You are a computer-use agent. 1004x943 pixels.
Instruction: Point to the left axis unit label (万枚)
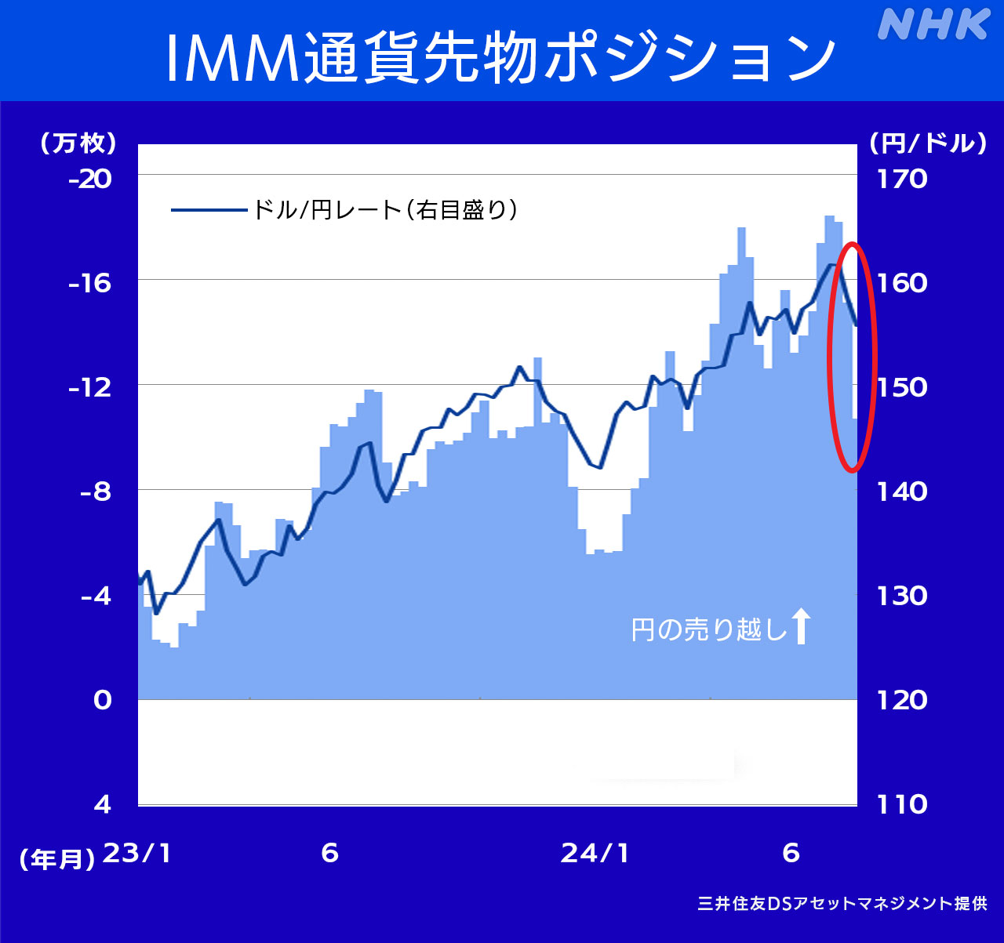click(x=78, y=143)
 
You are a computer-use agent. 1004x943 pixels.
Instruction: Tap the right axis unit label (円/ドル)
click(x=927, y=143)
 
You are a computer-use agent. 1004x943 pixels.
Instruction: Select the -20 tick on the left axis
click(x=90, y=180)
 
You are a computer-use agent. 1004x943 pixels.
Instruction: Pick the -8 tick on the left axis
click(x=90, y=491)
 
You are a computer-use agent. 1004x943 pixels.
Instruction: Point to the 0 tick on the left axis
click(x=103, y=699)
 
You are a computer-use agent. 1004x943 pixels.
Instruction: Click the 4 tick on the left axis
click(x=103, y=804)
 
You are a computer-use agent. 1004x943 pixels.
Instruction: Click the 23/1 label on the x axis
click(x=138, y=853)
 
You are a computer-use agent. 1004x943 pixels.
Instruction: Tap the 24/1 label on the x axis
click(x=595, y=853)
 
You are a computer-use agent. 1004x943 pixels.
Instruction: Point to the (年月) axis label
click(x=57, y=859)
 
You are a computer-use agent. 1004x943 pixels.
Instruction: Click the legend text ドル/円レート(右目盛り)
click(x=384, y=210)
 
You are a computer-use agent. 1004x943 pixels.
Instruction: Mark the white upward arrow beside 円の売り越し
click(x=800, y=626)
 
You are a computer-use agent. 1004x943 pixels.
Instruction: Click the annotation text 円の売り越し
click(x=708, y=629)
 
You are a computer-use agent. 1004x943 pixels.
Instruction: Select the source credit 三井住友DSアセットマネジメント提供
click(x=842, y=903)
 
